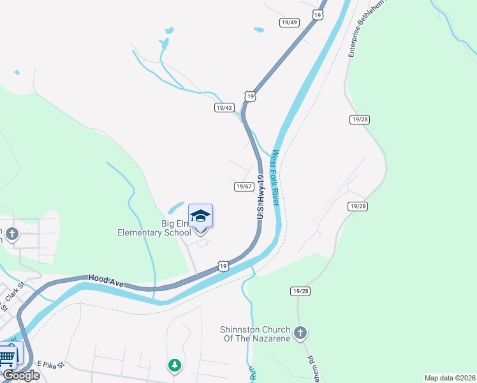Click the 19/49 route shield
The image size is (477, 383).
coord(289,22)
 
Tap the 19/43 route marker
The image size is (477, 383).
coord(224,108)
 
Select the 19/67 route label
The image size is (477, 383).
coord(244,186)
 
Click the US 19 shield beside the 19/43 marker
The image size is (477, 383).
coord(251,96)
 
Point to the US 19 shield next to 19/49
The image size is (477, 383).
coord(318,14)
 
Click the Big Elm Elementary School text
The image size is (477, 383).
coord(154,228)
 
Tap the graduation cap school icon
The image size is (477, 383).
coord(200,216)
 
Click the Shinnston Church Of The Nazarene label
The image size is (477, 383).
coord(254,334)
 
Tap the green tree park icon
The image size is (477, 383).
coord(174,365)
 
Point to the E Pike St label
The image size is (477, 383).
coord(51,364)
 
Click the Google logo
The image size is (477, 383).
coord(21,375)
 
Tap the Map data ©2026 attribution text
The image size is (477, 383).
coord(450,378)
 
